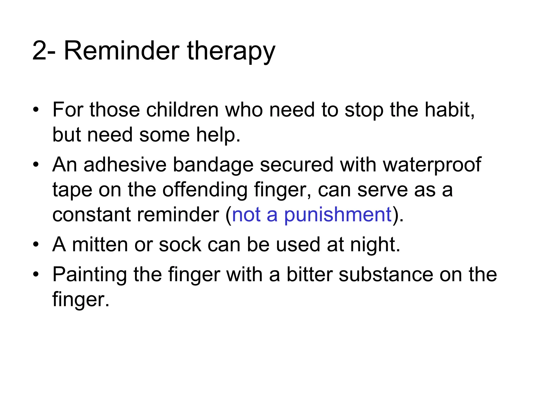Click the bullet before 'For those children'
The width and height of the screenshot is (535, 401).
(x=36, y=110)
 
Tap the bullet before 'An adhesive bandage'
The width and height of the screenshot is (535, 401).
(x=36, y=165)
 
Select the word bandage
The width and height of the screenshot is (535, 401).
(x=213, y=165)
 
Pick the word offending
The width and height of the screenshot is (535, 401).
(x=205, y=190)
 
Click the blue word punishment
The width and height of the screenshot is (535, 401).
(x=338, y=215)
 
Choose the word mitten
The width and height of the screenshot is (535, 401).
(x=100, y=245)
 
